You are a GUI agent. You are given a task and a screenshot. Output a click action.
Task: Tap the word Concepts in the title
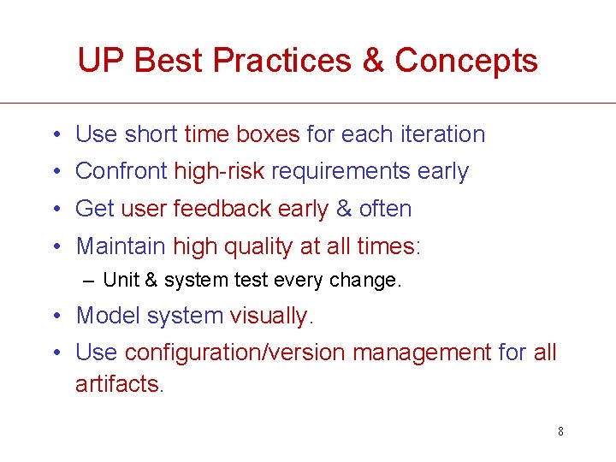click(x=466, y=61)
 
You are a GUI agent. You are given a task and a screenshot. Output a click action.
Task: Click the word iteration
click(x=438, y=134)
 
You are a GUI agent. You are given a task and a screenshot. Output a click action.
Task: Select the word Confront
click(x=121, y=171)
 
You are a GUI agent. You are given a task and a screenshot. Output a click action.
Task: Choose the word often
click(x=386, y=209)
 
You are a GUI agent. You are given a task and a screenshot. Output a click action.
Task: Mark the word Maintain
click(x=121, y=246)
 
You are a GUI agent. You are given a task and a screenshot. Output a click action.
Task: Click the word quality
click(x=258, y=247)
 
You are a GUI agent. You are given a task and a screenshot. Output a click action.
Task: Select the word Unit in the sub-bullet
click(x=117, y=280)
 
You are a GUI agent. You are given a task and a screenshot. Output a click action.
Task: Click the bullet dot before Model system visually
click(x=55, y=316)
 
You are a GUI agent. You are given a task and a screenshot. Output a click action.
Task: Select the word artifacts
click(x=117, y=384)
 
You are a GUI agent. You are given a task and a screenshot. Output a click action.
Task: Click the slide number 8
click(x=560, y=431)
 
